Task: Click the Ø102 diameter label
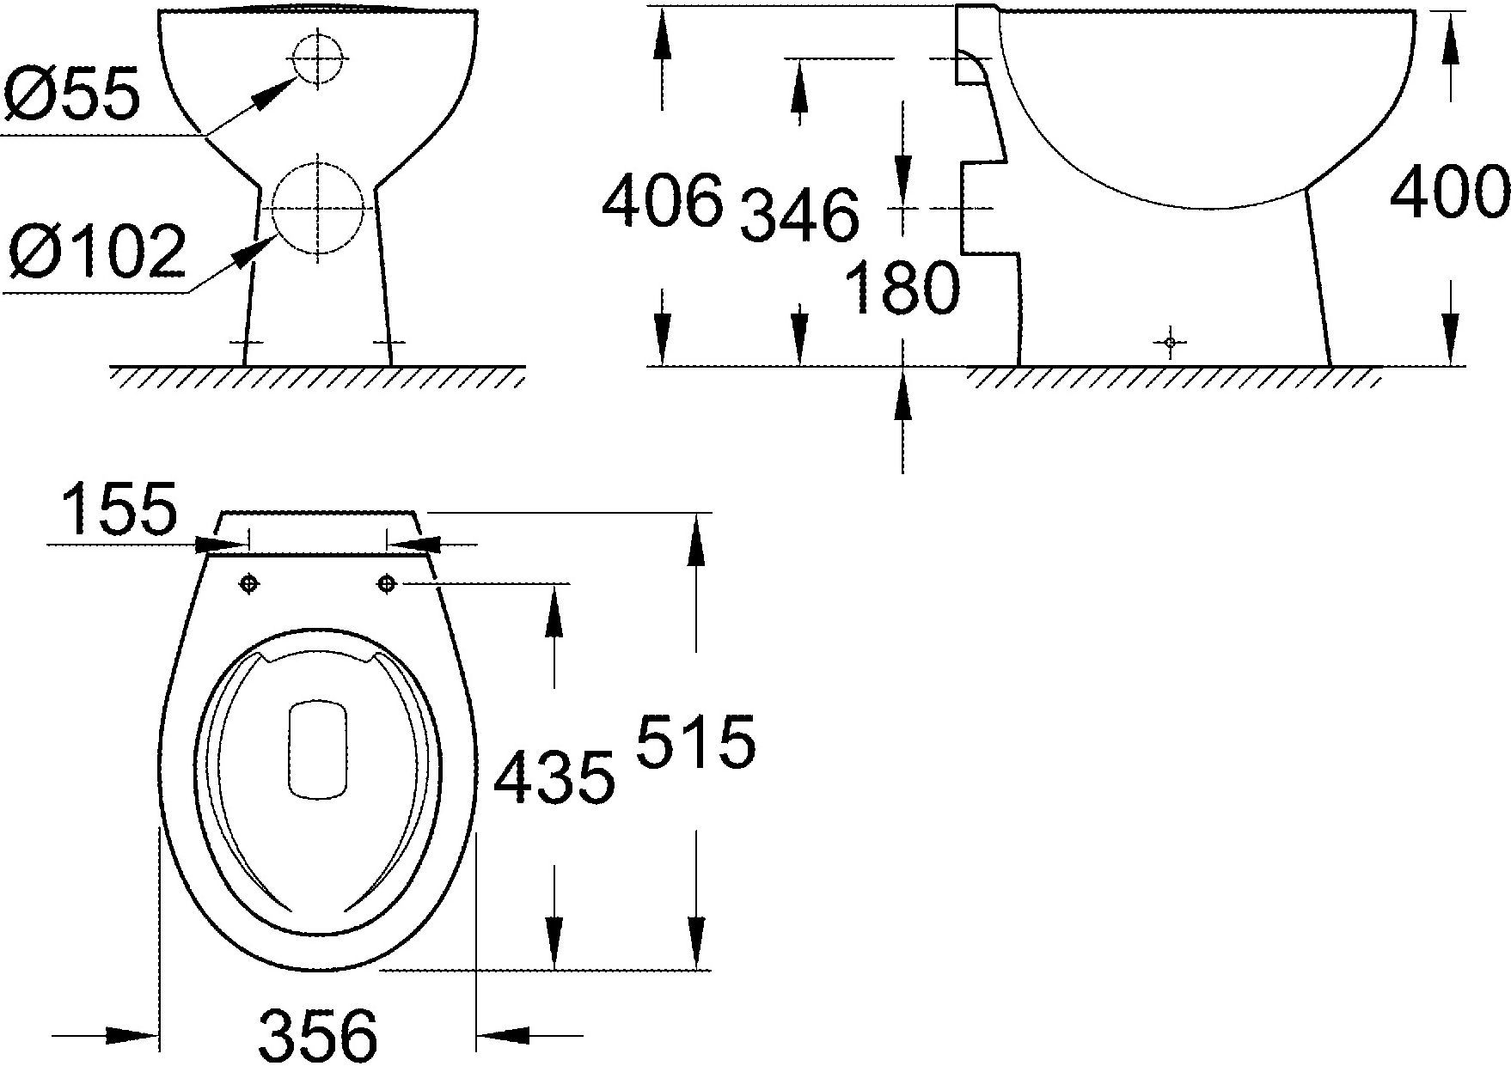click(x=96, y=252)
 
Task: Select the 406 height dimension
click(x=662, y=201)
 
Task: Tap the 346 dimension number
click(x=799, y=215)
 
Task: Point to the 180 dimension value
click(x=902, y=288)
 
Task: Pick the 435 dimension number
click(x=554, y=777)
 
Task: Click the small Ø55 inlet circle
click(x=318, y=58)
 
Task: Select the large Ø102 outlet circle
click(x=317, y=209)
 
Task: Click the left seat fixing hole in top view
click(x=248, y=584)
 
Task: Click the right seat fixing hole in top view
click(x=387, y=584)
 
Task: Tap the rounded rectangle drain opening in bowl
click(x=318, y=748)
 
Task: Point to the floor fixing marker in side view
click(x=1170, y=343)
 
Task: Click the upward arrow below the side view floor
click(x=902, y=400)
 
